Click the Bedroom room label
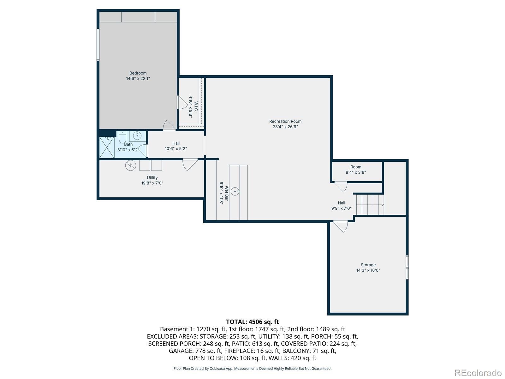tap(138, 73)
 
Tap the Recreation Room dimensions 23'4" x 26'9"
tap(285, 127)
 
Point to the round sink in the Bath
tap(137, 136)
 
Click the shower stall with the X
tap(107, 147)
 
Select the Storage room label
tap(368, 265)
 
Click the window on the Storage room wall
tap(407, 267)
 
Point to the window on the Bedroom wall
tap(98, 45)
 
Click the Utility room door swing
tap(189, 164)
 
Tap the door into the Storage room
tap(341, 226)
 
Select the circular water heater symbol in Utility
tap(130, 165)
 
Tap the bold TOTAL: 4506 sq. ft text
tap(252, 322)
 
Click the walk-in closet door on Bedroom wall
tap(182, 102)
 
